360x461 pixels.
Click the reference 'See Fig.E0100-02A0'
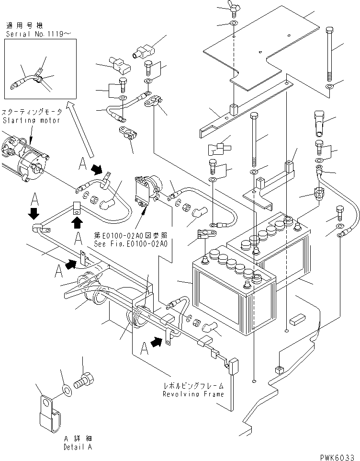131,243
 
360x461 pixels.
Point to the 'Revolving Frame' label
193,394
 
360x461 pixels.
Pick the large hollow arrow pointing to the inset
80,129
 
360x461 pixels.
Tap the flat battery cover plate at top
268,53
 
